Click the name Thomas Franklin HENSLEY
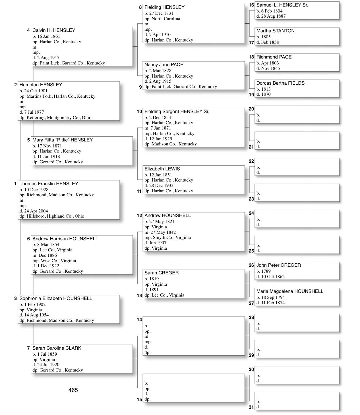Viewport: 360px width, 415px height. pyautogui.click(x=49, y=184)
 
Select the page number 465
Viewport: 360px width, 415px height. pyautogui.click(x=73, y=390)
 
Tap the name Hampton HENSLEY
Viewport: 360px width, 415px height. pyautogui.click(x=41, y=85)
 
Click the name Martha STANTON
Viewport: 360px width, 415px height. pyautogui.click(x=275, y=31)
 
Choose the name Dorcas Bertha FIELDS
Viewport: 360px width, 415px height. pyautogui.click(x=280, y=83)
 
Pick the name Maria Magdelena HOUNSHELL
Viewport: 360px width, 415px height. pyautogui.click(x=290, y=291)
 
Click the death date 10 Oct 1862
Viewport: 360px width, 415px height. pyautogui.click(x=273, y=277)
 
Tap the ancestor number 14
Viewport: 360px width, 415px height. pyautogui.click(x=139, y=320)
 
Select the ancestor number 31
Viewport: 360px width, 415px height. pyautogui.click(x=251, y=407)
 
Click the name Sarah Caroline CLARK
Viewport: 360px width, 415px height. pyautogui.click(x=57, y=348)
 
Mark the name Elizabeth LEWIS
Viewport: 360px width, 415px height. pyautogui.click(x=162, y=169)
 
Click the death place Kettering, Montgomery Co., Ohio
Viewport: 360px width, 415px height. pyautogui.click(x=59, y=118)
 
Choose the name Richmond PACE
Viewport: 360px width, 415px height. pyautogui.click(x=274, y=57)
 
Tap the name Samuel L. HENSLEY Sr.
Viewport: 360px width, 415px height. pyautogui.click(x=282, y=5)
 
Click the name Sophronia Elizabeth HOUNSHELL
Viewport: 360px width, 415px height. pyautogui.click(x=56, y=299)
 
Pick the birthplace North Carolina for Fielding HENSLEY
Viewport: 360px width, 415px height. pyautogui.click(x=166, y=19)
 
